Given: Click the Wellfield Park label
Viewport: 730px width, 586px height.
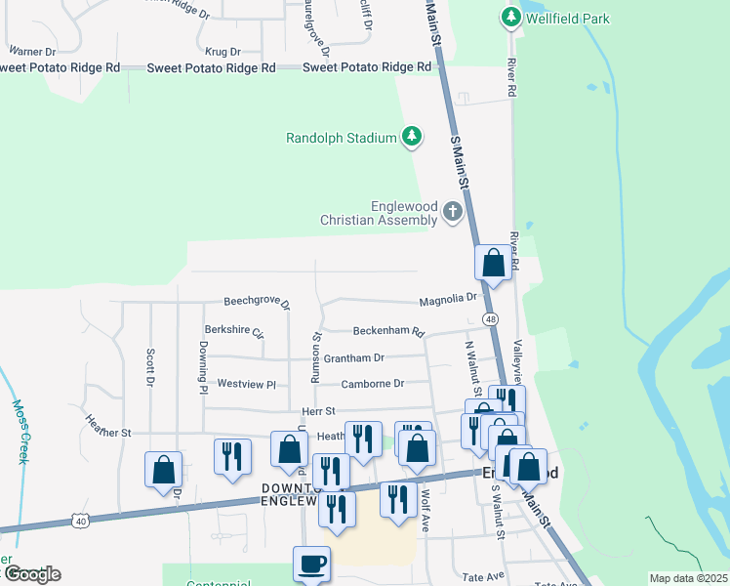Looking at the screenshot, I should coord(568,18).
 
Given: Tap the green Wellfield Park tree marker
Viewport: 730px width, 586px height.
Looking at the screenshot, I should coord(509,17).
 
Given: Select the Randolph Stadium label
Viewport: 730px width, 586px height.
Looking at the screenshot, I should coord(341,138).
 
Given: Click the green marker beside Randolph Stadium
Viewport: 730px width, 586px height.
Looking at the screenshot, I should coord(412,137).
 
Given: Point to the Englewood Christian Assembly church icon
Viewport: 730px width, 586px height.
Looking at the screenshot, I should coord(452,210).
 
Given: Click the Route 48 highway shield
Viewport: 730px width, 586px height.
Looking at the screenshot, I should coord(490,319).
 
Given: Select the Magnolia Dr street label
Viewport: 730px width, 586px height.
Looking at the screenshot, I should coord(448,298).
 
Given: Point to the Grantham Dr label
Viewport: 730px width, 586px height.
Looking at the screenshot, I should coord(353,358).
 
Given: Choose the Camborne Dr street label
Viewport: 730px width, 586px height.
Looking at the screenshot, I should coord(372,384).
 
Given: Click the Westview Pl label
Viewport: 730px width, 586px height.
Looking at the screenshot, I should coord(247,385).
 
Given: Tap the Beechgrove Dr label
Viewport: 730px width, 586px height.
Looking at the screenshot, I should coord(257,303).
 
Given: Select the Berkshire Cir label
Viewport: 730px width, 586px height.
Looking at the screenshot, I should coord(234,331).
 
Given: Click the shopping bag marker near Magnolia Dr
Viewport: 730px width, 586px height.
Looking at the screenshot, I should coord(493,263).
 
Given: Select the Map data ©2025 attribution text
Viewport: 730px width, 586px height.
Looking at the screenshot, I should coord(687,578).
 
